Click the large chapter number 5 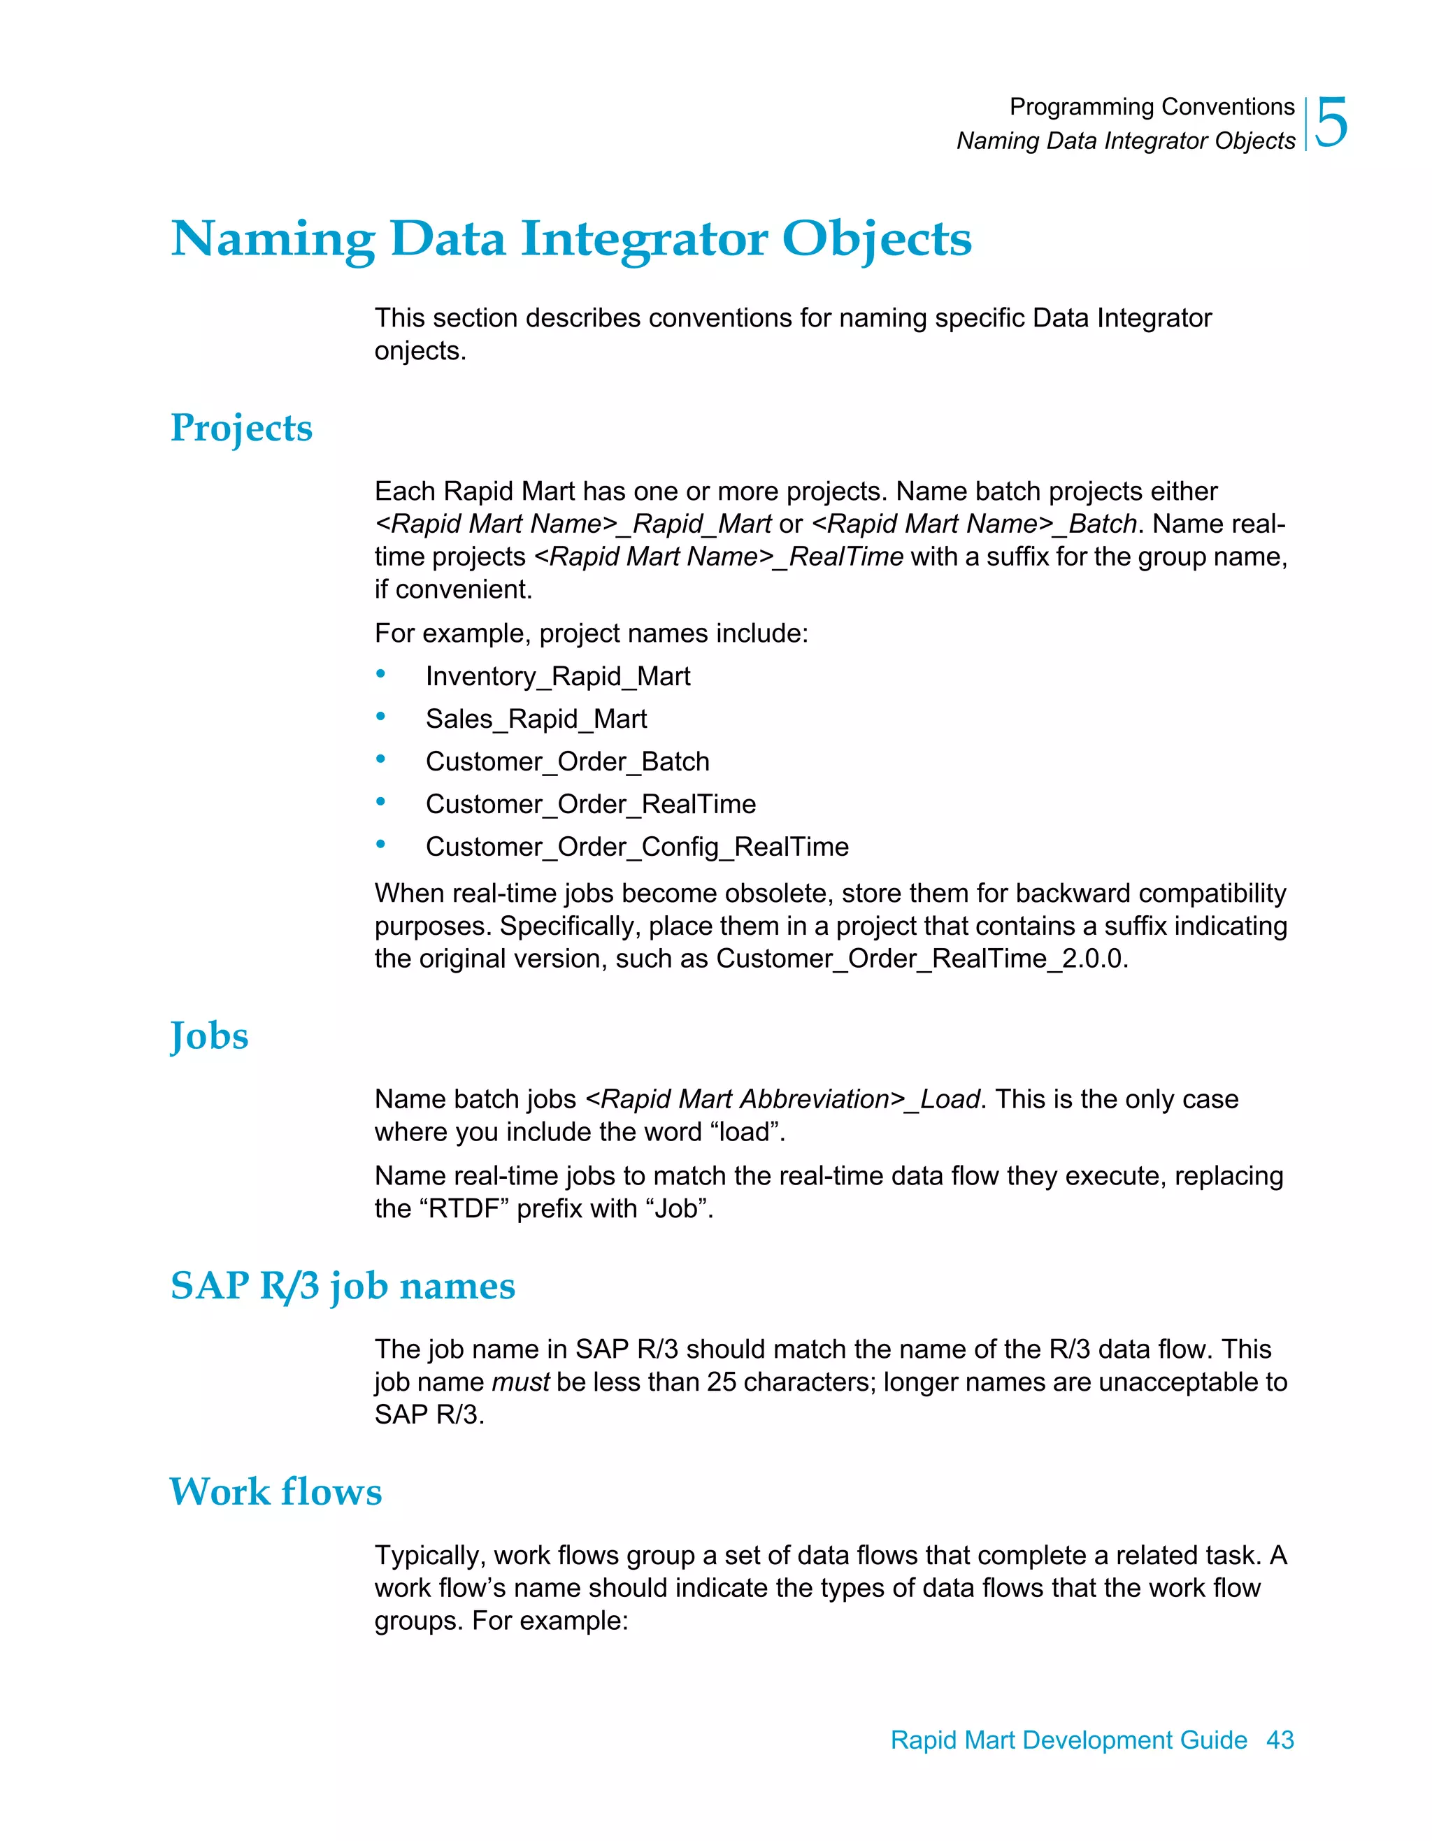tap(1332, 123)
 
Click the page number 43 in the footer tap(1280, 1739)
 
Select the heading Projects tap(241, 428)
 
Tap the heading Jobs tap(209, 1036)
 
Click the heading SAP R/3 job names tap(342, 1287)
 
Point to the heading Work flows tap(275, 1492)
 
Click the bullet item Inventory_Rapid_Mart tap(557, 676)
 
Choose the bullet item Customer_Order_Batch tap(566, 761)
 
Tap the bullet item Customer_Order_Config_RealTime tap(636, 846)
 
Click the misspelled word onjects tap(419, 351)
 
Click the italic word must tap(520, 1382)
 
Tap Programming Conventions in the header tap(1152, 107)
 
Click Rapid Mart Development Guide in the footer tap(1068, 1739)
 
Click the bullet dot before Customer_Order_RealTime tap(381, 802)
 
